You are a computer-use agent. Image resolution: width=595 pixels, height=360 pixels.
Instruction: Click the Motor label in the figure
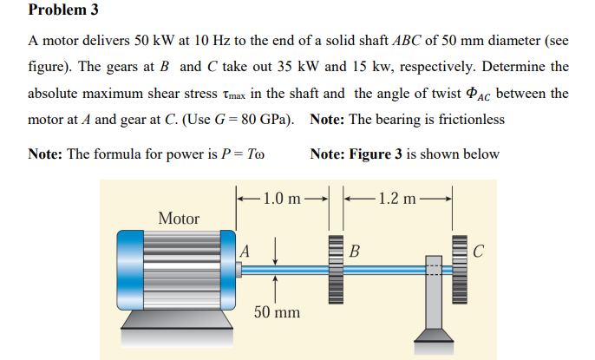tap(179, 219)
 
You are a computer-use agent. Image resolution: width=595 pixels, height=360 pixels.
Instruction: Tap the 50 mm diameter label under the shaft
tap(277, 310)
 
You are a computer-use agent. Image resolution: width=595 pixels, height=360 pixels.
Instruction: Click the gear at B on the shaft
tap(334, 269)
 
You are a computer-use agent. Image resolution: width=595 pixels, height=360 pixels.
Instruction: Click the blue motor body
tap(173, 269)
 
